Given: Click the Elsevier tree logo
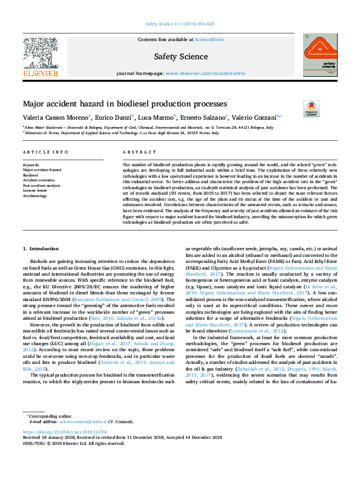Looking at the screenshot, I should click(x=41, y=53).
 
